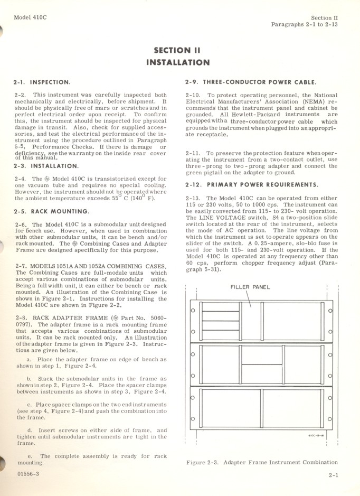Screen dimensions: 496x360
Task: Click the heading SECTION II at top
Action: (177, 51)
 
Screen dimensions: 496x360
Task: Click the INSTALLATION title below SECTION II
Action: (177, 62)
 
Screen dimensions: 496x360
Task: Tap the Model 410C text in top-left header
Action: (30, 17)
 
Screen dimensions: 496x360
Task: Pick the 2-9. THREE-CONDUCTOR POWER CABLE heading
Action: (251, 82)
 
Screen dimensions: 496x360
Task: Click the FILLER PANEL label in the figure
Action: (250, 287)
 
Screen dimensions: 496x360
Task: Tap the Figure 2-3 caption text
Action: (262, 462)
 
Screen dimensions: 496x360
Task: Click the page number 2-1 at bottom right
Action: (333, 475)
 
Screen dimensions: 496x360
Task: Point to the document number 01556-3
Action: (27, 474)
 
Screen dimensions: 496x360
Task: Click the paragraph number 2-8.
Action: (21, 318)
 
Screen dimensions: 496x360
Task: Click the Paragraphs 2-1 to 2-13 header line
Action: (305, 24)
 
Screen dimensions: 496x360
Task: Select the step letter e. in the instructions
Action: (30, 455)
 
